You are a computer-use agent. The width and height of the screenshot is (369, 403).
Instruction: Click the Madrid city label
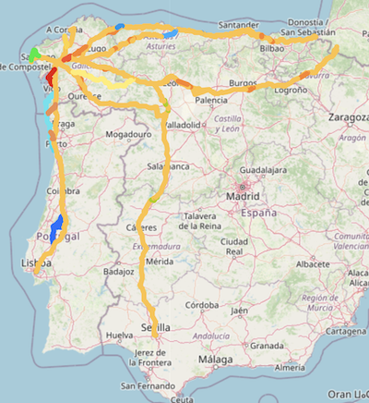coord(244,196)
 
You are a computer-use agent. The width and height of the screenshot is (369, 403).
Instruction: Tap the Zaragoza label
coord(347,118)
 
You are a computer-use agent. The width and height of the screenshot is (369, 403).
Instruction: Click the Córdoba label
coord(199,305)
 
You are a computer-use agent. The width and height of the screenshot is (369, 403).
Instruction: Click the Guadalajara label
coord(264,171)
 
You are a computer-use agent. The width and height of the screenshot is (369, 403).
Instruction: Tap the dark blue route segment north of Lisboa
coord(56,226)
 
